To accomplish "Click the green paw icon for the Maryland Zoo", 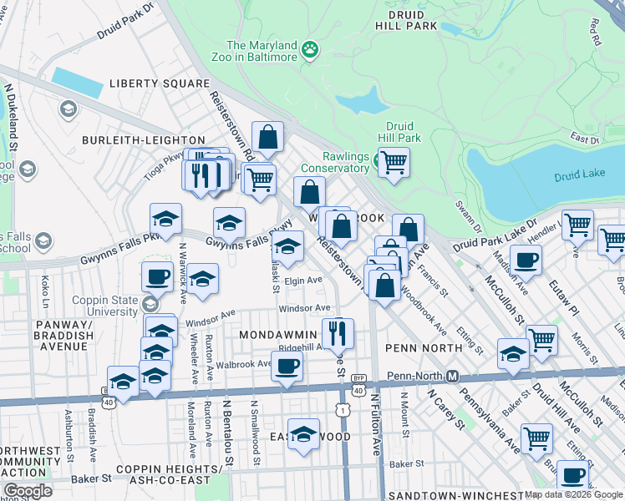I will click(311, 50).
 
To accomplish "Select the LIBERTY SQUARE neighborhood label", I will click(158, 84).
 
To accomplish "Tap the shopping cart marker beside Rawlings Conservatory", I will click(394, 161).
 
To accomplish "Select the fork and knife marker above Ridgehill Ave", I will click(337, 332).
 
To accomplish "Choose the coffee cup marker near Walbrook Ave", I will click(287, 366).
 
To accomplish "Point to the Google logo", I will click(28, 491).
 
